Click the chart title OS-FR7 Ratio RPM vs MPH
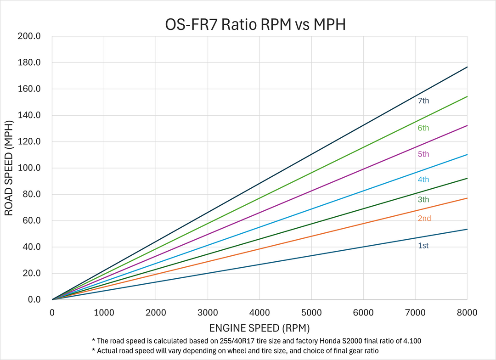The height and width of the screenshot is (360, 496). point(255,24)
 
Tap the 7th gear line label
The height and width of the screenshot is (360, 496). point(423,101)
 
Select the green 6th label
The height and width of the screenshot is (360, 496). point(423,128)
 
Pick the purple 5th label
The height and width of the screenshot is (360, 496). point(423,154)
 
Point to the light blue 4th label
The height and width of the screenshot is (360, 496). point(423,180)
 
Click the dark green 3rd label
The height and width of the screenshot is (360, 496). point(423,200)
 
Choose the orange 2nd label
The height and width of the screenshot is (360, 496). point(424,219)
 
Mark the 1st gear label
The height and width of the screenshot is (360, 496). point(423,246)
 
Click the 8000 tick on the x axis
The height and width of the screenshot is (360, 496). point(468,313)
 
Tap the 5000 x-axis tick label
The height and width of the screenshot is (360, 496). point(311,313)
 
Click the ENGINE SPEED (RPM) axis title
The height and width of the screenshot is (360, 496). point(259,328)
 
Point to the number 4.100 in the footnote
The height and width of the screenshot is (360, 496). point(411,341)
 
